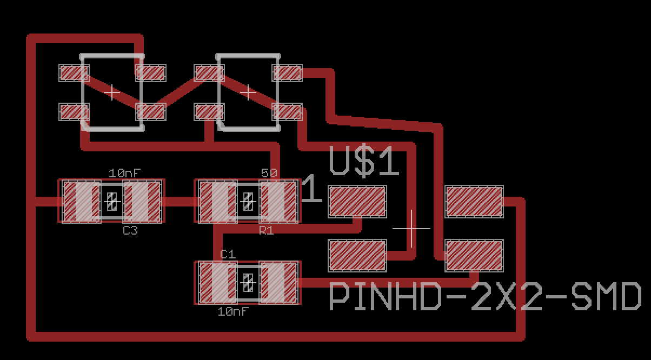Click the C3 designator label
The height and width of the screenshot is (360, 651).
130,231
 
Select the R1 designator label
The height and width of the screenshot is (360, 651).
266,231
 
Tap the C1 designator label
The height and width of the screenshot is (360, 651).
228,254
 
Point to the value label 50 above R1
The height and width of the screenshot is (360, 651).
269,173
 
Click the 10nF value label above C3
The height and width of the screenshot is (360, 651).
125,173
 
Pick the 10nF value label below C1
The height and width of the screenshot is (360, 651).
234,312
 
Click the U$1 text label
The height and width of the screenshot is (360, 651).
364,163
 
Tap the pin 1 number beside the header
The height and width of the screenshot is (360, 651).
311,190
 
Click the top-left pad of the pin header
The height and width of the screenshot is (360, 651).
357,202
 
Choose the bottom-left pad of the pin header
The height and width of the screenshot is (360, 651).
357,256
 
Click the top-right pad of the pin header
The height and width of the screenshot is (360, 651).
474,202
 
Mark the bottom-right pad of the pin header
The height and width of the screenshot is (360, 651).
474,256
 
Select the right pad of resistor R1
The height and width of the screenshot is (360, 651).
278,202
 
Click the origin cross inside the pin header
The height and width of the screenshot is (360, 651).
411,229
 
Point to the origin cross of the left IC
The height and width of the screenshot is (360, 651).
112,92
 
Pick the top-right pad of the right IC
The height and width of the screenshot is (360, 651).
287,72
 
